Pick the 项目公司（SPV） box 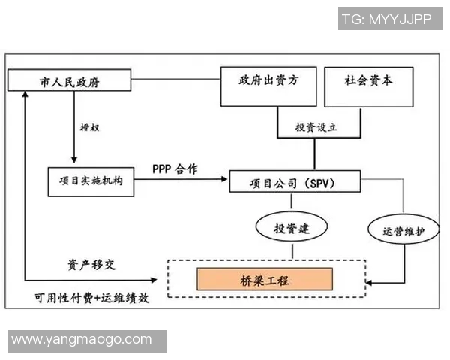[x=294, y=182]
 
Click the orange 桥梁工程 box [x=264, y=280]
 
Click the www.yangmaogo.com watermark [x=81, y=339]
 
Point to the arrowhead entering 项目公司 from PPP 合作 [x=224, y=181]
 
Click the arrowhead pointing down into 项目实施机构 [x=73, y=161]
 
